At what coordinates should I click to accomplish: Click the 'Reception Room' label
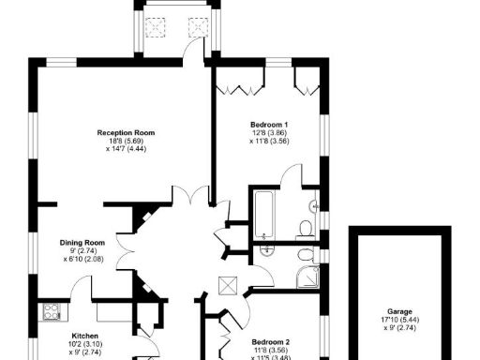(x=125, y=131)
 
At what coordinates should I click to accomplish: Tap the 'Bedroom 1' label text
(x=269, y=125)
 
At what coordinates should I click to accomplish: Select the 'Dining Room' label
(x=82, y=242)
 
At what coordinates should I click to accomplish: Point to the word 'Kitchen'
(x=85, y=335)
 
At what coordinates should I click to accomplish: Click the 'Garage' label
(x=400, y=312)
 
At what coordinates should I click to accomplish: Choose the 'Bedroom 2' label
(x=271, y=342)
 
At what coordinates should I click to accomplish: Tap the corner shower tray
(x=307, y=273)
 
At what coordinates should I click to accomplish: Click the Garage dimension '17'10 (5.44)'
(x=400, y=321)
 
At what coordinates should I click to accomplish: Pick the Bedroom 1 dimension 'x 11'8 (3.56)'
(x=269, y=142)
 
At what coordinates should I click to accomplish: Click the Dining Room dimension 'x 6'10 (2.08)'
(x=82, y=259)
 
